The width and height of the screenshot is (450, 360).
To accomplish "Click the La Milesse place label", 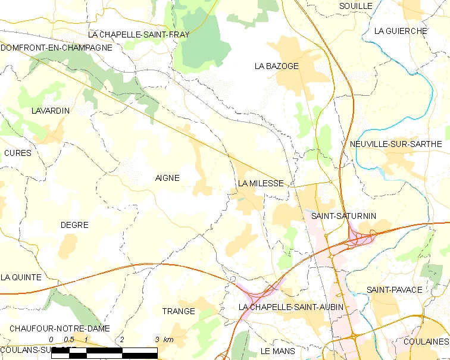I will pos(261,184).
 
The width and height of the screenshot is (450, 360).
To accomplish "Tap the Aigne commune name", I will pos(167,178).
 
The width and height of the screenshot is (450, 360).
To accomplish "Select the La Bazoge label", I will pos(276,66).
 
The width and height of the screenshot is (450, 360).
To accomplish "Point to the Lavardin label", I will pos(51,111).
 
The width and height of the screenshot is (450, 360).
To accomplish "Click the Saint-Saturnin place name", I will pos(343,216).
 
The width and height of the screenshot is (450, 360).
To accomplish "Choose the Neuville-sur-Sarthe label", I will pos(396,144).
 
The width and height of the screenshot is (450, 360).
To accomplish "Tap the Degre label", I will pos(74,225).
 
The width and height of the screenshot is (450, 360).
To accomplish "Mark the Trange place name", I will pos(179,311).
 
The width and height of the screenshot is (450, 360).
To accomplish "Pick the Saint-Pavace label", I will pos(394,290).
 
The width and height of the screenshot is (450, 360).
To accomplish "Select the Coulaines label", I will pos(425,342).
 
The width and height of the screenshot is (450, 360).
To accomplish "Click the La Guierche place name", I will pos(401,31).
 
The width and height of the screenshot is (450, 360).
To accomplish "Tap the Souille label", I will pos(355,6).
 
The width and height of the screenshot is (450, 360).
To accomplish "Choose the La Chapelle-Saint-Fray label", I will pos(139,35).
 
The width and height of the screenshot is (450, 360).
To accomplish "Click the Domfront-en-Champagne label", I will pos(57,47).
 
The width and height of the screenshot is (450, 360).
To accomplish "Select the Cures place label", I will pos(17,153).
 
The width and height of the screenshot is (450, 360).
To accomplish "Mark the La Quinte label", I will pos(21,277).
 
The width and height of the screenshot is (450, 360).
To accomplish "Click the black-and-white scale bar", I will pos(104,353).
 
